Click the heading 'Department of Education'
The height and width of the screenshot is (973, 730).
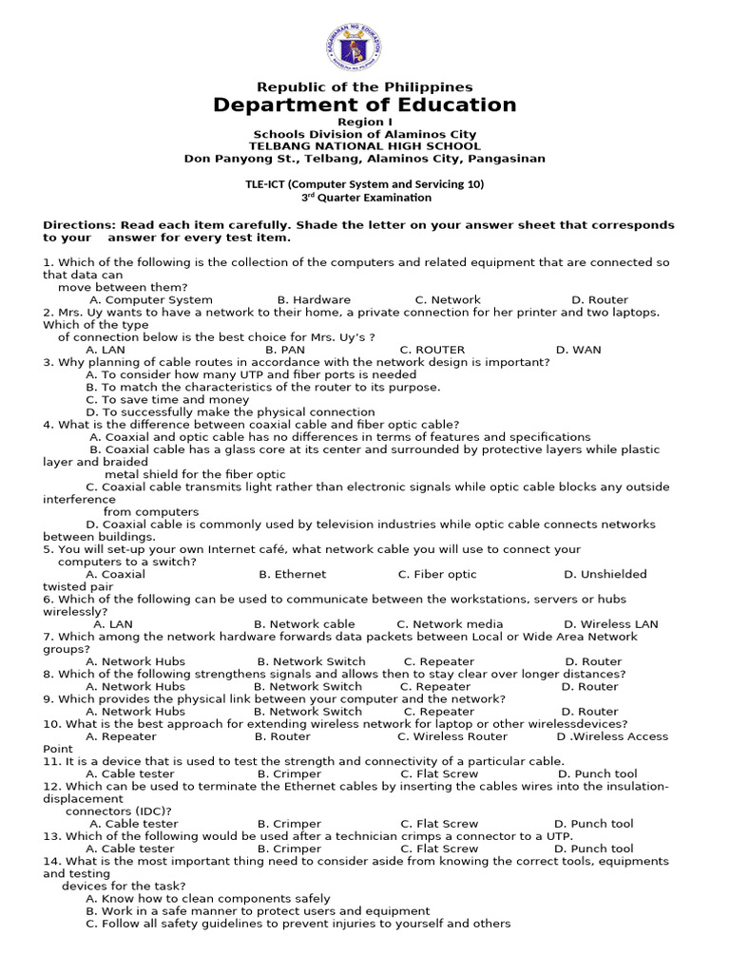(365, 105)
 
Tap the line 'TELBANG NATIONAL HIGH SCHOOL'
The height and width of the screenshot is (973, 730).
(365, 146)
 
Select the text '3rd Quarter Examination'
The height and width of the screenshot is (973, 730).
(366, 198)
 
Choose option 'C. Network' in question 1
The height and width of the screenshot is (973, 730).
(448, 299)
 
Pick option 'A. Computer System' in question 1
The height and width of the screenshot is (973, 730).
(151, 299)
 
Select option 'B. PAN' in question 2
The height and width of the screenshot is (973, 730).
(285, 350)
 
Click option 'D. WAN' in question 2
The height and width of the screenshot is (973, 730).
(578, 350)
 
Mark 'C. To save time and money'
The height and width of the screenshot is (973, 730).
(154, 400)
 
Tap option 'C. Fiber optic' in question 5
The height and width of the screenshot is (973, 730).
(437, 574)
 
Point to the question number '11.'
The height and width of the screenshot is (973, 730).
(52, 761)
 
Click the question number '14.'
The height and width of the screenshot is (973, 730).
(52, 861)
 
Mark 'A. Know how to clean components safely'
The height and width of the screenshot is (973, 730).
(208, 899)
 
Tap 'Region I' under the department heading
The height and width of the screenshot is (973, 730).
(365, 123)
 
